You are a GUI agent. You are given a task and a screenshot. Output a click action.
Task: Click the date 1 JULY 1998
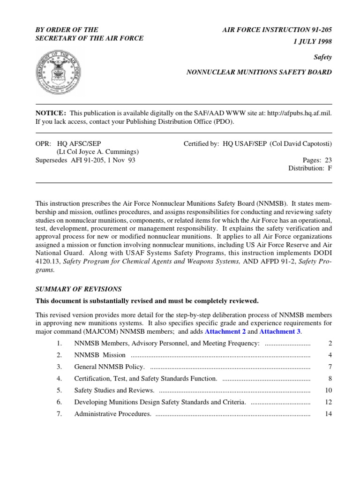[x=313, y=41]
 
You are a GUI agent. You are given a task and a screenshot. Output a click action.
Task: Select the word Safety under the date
[x=322, y=57]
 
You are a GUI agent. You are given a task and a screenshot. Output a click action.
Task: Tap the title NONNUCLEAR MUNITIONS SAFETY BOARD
[x=259, y=72]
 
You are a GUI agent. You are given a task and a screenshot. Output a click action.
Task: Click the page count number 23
[x=328, y=160]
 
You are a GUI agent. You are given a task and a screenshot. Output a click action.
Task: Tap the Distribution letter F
[x=330, y=168]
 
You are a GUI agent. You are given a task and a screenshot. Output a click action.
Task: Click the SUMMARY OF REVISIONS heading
[x=79, y=289]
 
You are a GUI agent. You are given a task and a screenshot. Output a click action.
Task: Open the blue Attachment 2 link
[x=225, y=331]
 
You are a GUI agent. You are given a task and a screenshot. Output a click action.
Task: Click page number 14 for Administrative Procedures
[x=328, y=414]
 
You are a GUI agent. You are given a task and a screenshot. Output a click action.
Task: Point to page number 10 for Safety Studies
[x=328, y=390]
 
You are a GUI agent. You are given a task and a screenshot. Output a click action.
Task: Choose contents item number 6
[x=59, y=402]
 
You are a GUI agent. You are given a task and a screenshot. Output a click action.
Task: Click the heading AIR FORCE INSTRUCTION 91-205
[x=277, y=30]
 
